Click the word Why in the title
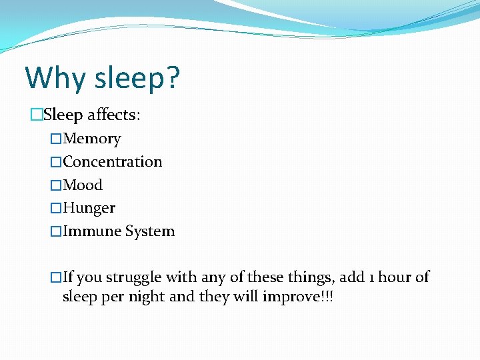[55, 79]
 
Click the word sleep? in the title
[137, 79]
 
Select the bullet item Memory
[92, 139]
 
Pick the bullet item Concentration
[112, 162]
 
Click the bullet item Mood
[83, 185]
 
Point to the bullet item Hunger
[89, 208]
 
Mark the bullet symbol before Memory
[56, 139]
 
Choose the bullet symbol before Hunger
[56, 209]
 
